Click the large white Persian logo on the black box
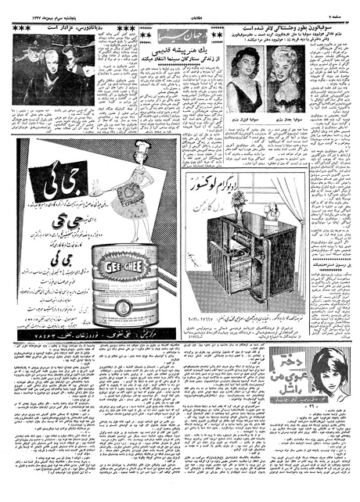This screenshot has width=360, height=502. (x=52, y=180)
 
